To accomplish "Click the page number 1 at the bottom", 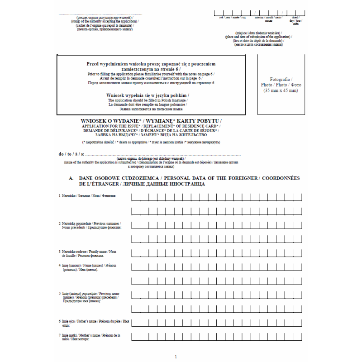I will [176, 357].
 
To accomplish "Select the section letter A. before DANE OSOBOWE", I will [71, 179].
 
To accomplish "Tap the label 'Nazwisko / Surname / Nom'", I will [87, 195].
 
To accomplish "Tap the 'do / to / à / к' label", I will [71, 154].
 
